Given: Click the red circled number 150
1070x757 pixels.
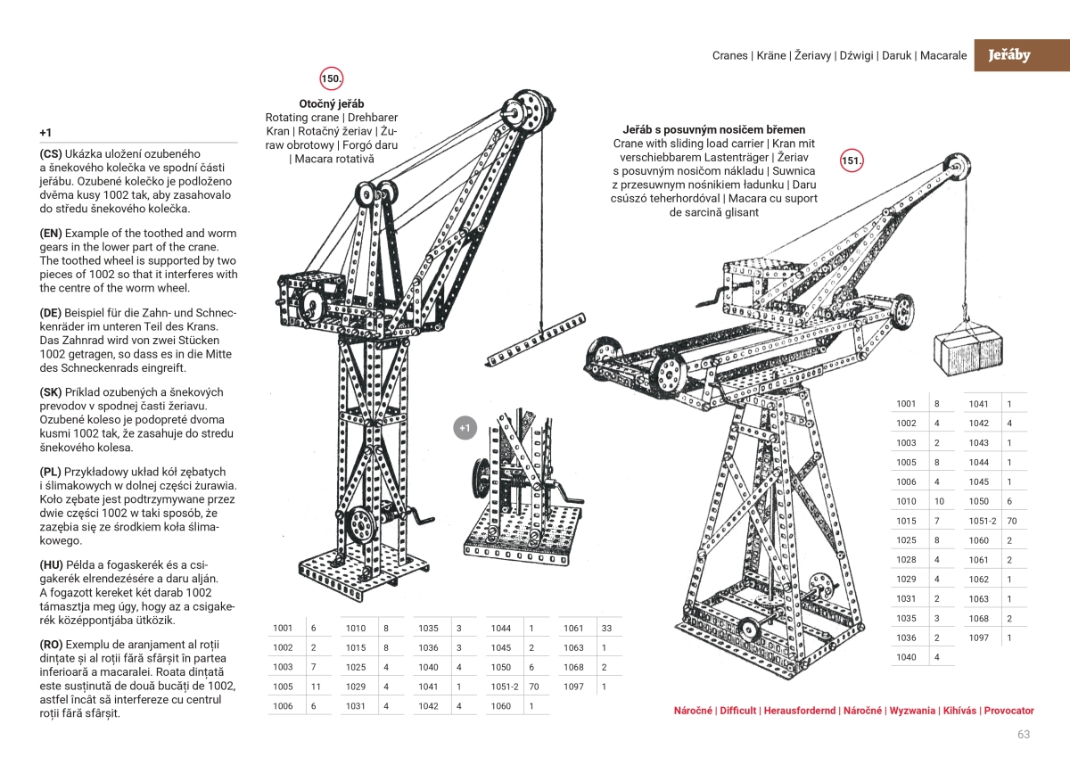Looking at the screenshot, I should [x=332, y=79].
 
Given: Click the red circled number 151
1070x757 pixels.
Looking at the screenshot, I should [x=852, y=161].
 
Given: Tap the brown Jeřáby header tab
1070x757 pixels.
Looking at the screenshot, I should [x=1008, y=55].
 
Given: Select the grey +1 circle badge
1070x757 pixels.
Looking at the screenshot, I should [x=465, y=428].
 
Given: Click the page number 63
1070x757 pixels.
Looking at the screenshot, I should [x=1023, y=735].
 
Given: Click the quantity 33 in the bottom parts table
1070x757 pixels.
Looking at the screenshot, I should [x=606, y=629].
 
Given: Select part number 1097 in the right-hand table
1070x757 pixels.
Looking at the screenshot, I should [x=978, y=637].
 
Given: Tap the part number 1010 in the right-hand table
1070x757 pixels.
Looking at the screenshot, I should [x=906, y=501].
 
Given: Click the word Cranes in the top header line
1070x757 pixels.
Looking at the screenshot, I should [x=729, y=55].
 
